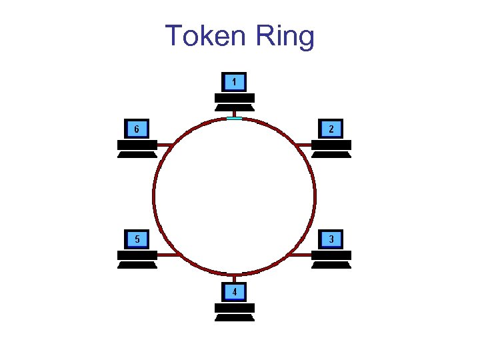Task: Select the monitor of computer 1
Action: pyautogui.click(x=234, y=82)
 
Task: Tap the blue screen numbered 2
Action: pyautogui.click(x=331, y=129)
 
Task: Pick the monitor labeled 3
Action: pyautogui.click(x=331, y=239)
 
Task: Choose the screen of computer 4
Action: pyautogui.click(x=234, y=292)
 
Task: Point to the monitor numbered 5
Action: pyautogui.click(x=137, y=239)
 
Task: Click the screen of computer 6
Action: pyautogui.click(x=137, y=129)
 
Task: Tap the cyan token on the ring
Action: pyautogui.click(x=234, y=119)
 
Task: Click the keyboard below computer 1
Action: pyautogui.click(x=234, y=107)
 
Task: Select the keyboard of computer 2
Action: pyautogui.click(x=331, y=154)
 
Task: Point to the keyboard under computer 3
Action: pyautogui.click(x=331, y=264)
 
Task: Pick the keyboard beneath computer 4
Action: pyautogui.click(x=234, y=317)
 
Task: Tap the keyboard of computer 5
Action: pyautogui.click(x=137, y=264)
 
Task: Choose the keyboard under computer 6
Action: pyautogui.click(x=137, y=154)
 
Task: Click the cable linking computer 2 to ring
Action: pyautogui.click(x=304, y=144)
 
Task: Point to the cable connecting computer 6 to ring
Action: pyautogui.click(x=165, y=144)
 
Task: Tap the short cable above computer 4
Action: pyautogui.click(x=234, y=279)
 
